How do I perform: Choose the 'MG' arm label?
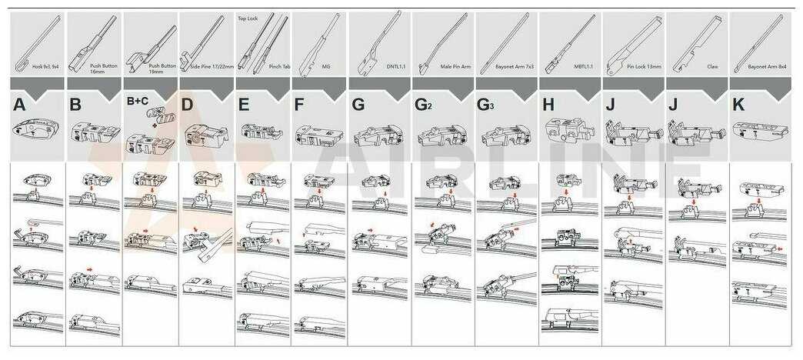point(326,67)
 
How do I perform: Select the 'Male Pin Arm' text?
point(455,67)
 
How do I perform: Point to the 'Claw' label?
point(712,67)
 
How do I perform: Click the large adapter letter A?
point(19,105)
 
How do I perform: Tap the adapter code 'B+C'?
point(138,102)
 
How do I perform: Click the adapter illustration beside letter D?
point(203,137)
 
